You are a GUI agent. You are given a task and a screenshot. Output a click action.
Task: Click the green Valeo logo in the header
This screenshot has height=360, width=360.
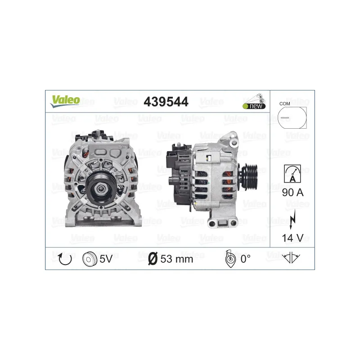click(65, 100)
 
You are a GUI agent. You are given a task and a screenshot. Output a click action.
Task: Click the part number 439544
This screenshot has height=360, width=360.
click(166, 102)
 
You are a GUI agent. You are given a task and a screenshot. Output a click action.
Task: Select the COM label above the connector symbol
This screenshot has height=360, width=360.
click(284, 103)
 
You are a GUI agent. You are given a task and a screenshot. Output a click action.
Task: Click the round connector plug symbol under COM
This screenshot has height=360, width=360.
click(292, 117)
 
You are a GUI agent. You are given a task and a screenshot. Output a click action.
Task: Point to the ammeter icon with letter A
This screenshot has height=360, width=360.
click(292, 173)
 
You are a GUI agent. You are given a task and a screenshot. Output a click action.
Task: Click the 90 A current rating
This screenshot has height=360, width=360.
click(292, 193)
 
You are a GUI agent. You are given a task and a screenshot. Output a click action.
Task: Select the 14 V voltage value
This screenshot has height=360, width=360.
click(292, 237)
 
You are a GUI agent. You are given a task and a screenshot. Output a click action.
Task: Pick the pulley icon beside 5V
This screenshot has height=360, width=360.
click(90, 259)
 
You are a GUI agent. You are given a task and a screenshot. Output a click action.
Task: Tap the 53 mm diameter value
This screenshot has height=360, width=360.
click(177, 259)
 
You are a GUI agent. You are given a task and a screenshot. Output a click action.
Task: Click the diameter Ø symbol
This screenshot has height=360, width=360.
click(153, 259)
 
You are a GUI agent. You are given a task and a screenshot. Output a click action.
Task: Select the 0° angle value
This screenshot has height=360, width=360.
click(245, 259)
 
